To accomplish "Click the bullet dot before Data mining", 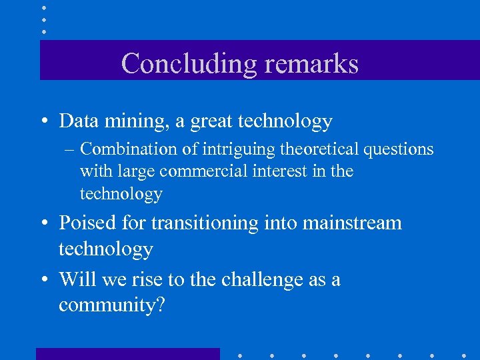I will pos(43,122).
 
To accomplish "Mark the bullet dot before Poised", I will pos(43,223).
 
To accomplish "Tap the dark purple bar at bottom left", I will pos(127,354).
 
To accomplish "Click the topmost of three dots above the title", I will pos(43,7).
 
